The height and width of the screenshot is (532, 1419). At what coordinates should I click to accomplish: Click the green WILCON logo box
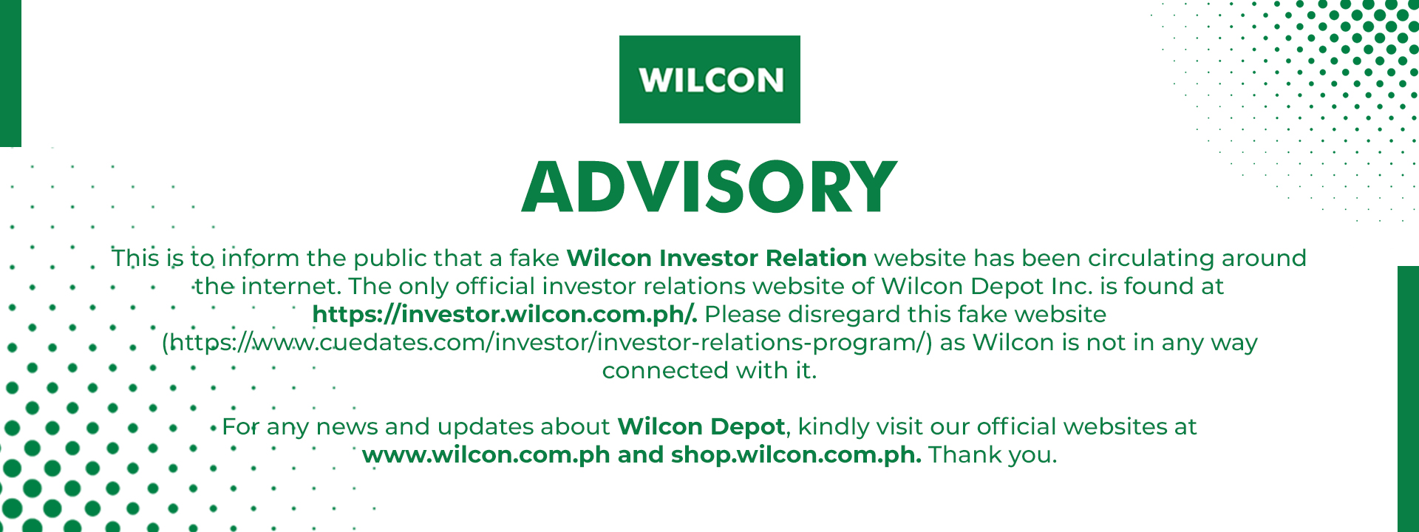(x=709, y=79)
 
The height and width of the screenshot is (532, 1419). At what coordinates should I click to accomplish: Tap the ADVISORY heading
(x=709, y=186)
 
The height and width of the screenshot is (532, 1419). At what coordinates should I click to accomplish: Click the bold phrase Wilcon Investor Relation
(x=716, y=258)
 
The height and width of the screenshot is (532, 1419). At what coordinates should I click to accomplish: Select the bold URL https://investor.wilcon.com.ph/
(x=505, y=314)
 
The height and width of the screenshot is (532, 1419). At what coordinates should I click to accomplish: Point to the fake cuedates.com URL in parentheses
(x=547, y=342)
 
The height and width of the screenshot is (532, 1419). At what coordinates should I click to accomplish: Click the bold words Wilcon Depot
(x=701, y=426)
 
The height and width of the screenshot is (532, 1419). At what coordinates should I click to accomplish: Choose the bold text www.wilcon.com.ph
(x=486, y=454)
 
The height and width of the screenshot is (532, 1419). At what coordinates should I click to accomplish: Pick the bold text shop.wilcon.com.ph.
(x=796, y=454)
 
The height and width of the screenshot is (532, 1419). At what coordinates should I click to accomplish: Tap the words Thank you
(x=993, y=454)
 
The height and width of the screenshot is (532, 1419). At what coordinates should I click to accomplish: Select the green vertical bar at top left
(x=10, y=73)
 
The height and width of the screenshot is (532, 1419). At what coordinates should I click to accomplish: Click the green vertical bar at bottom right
(x=1408, y=399)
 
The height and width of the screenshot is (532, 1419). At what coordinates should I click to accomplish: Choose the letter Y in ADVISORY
(x=872, y=186)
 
